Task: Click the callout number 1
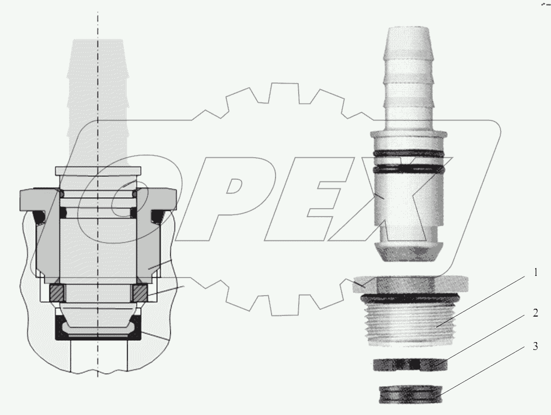point(535,273)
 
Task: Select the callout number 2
point(535,313)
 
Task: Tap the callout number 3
point(535,346)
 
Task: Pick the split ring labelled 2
point(410,365)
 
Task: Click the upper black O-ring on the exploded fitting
point(410,154)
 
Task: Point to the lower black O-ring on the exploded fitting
point(410,168)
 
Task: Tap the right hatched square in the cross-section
point(140,293)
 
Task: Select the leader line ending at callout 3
point(487,370)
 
